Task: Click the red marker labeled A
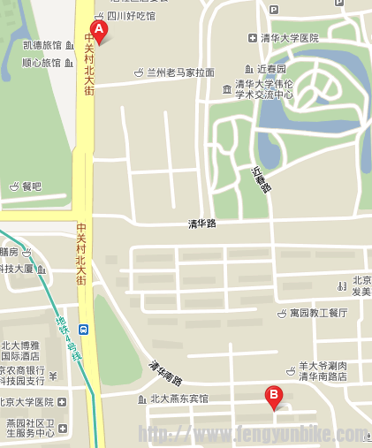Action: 99,31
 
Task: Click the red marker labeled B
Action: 274,398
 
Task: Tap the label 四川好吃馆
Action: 131,16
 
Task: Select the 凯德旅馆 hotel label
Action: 42,45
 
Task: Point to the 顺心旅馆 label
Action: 42,63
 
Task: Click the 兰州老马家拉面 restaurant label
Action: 180,72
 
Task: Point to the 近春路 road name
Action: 261,180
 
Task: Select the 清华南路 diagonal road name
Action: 165,374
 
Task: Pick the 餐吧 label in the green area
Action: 32,186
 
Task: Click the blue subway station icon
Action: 84,329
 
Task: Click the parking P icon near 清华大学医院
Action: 273,10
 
